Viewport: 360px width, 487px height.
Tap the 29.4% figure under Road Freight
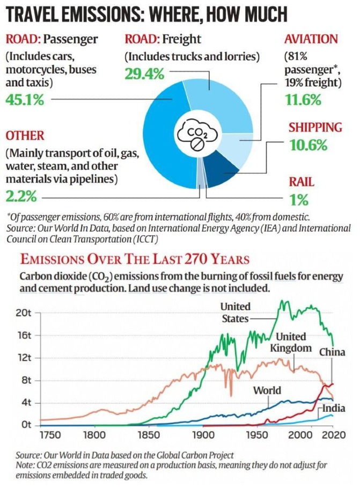[144, 74]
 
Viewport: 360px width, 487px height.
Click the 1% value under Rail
[299, 200]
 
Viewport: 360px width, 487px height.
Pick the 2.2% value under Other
[21, 196]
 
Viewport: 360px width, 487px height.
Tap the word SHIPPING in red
[315, 128]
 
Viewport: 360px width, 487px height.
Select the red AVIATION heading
[312, 39]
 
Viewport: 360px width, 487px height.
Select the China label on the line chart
[332, 352]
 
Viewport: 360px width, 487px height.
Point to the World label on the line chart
[267, 390]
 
